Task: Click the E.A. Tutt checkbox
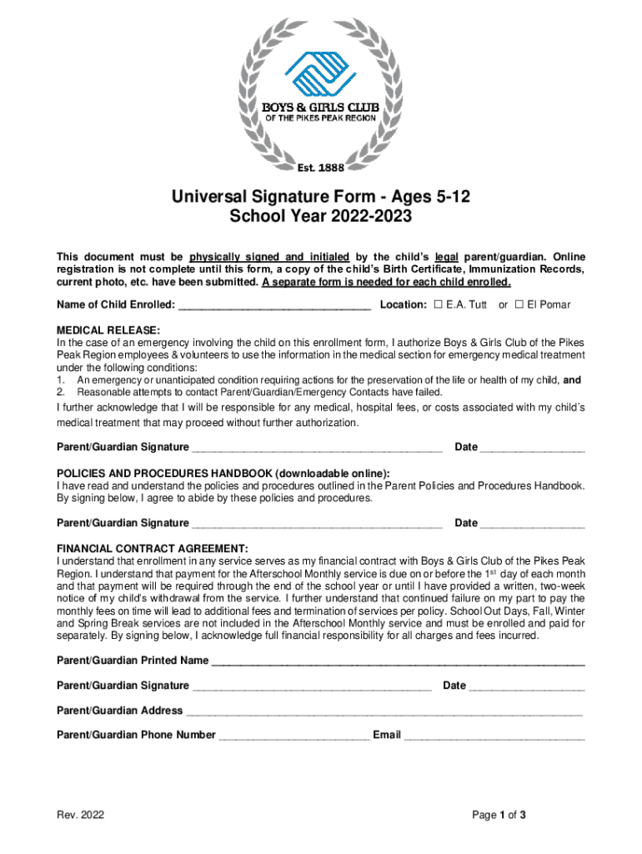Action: coord(439,304)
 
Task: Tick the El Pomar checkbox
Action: coord(519,304)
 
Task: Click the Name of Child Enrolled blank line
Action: coord(274,305)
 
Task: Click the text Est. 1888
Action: coord(320,168)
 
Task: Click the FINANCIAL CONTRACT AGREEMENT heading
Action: coord(152,548)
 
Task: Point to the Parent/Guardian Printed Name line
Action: coord(398,662)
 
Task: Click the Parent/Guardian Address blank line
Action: coord(384,711)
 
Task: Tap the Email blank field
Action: coord(494,736)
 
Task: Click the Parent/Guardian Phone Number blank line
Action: coord(293,736)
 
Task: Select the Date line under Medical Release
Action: coord(533,449)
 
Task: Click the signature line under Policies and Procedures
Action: coord(317,525)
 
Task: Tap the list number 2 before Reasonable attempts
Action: coord(60,392)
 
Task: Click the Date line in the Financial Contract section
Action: coord(527,686)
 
